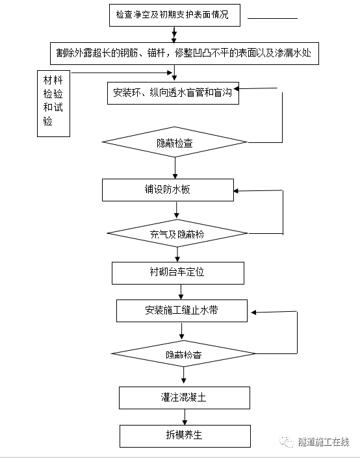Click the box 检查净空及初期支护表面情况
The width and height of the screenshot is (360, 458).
pyautogui.click(x=174, y=14)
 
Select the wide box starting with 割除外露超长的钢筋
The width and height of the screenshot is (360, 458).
pyautogui.click(x=183, y=53)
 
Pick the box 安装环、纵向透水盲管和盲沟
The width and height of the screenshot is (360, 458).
pyautogui.click(x=172, y=93)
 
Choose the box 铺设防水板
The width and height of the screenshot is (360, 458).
pyautogui.click(x=167, y=190)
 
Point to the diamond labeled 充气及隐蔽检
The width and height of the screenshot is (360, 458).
pyautogui.click(x=177, y=233)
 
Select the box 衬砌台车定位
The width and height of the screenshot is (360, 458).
pyautogui.click(x=177, y=273)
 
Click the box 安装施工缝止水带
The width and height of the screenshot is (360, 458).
pyautogui.click(x=181, y=311)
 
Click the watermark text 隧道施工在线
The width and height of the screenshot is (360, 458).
pyautogui.click(x=324, y=442)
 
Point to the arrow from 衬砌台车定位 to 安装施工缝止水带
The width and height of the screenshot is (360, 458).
pyautogui.click(x=181, y=292)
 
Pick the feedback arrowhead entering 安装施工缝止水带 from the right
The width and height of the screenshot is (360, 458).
pyautogui.click(x=255, y=312)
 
